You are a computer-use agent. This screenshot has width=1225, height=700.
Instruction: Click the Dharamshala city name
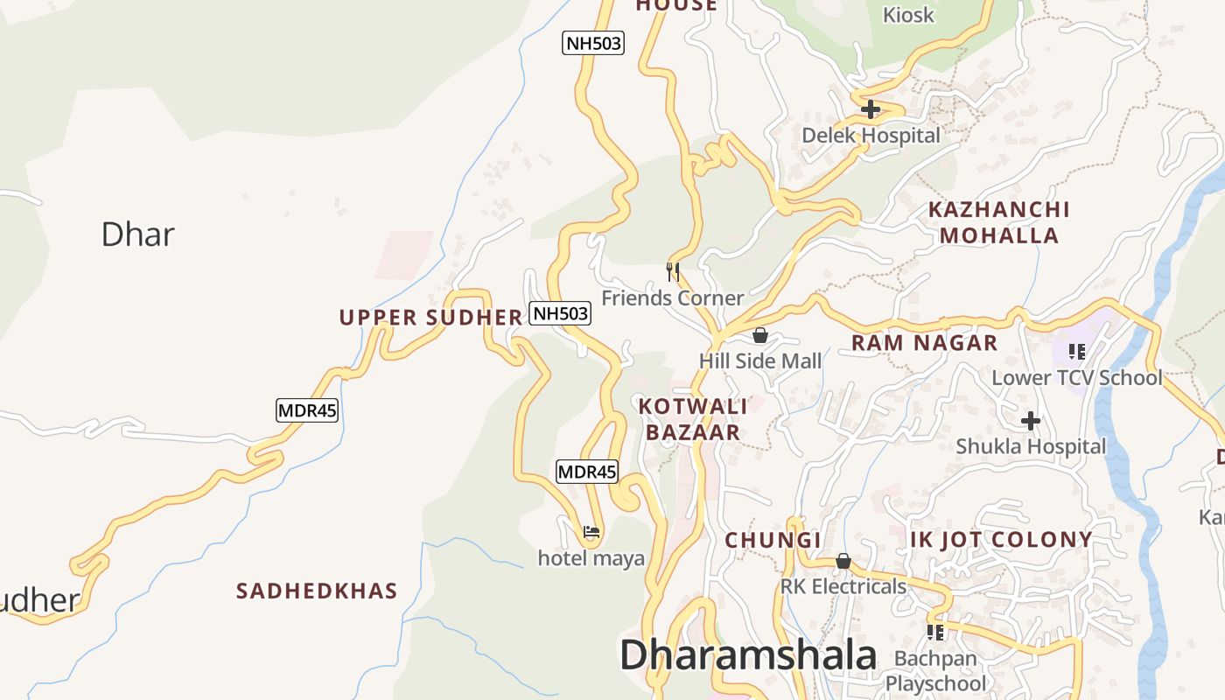point(748,655)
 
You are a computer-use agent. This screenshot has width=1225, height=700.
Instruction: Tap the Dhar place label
point(137,234)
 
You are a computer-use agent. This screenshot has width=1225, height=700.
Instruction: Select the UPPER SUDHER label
point(430,318)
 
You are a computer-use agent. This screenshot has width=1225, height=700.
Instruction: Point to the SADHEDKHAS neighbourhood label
point(317,591)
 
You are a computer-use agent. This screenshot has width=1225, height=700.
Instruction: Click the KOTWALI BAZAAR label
point(693,419)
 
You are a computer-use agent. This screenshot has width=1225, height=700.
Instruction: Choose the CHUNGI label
point(773,540)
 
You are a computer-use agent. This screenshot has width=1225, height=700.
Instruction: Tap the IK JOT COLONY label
point(1001,539)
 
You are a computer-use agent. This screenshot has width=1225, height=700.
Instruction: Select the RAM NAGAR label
point(924,343)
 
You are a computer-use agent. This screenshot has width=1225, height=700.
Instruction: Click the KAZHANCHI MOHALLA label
point(998,222)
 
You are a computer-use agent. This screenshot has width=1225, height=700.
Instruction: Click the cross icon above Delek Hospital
point(870,110)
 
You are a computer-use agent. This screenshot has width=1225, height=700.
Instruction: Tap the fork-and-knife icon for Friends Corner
point(673,272)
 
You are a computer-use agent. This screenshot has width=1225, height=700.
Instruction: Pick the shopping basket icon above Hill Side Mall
point(759,335)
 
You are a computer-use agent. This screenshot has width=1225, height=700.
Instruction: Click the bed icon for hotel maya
point(591,531)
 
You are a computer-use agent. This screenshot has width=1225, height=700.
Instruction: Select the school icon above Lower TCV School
point(1076,352)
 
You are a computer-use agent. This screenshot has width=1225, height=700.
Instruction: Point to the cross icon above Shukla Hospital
point(1031,421)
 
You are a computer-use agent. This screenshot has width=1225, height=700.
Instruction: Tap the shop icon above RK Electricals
point(843,561)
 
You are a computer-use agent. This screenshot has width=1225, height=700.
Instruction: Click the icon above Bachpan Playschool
point(934,632)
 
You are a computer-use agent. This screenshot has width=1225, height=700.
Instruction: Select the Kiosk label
point(908,15)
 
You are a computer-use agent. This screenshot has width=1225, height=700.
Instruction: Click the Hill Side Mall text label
point(760,361)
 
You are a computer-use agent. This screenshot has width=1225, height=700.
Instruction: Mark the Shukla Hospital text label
point(1031,446)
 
